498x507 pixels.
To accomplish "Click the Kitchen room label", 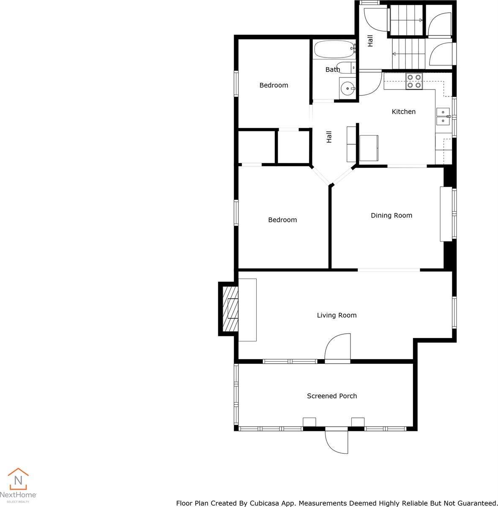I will [x=403, y=112].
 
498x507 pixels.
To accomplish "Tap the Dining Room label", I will [x=391, y=215].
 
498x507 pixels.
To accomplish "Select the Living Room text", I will [x=337, y=315].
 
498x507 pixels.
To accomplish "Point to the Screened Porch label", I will [x=332, y=396].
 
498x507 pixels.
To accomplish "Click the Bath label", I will [x=332, y=69].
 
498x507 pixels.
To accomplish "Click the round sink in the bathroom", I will [x=348, y=89].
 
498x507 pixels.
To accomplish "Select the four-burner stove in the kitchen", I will [x=414, y=81].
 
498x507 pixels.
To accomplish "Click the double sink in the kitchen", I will [x=443, y=116].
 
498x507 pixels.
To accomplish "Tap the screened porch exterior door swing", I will [x=337, y=442].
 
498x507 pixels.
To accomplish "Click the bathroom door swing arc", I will [x=370, y=84].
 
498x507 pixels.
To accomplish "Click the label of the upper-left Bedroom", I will [x=274, y=85].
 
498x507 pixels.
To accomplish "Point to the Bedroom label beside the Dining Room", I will [x=282, y=220].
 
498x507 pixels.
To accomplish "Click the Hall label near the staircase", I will [x=370, y=41].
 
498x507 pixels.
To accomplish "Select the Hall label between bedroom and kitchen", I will [x=329, y=136].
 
